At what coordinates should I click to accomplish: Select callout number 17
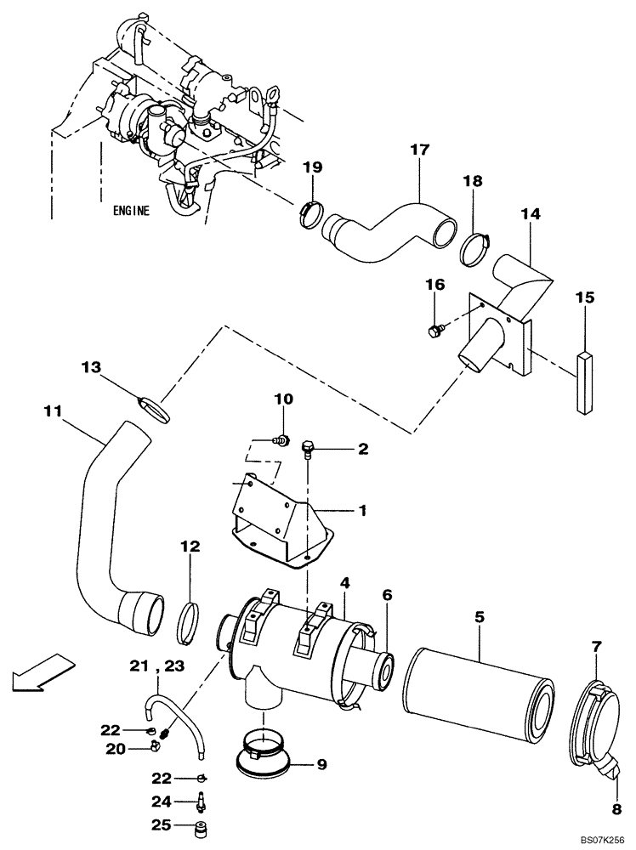tap(419, 151)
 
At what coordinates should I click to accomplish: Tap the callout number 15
tap(584, 298)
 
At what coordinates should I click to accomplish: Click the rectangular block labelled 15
tap(584, 383)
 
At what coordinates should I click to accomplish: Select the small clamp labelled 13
tap(154, 407)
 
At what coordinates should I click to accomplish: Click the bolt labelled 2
tap(309, 446)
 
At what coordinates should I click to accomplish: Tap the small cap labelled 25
tap(202, 826)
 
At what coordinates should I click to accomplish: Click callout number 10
tap(283, 399)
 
